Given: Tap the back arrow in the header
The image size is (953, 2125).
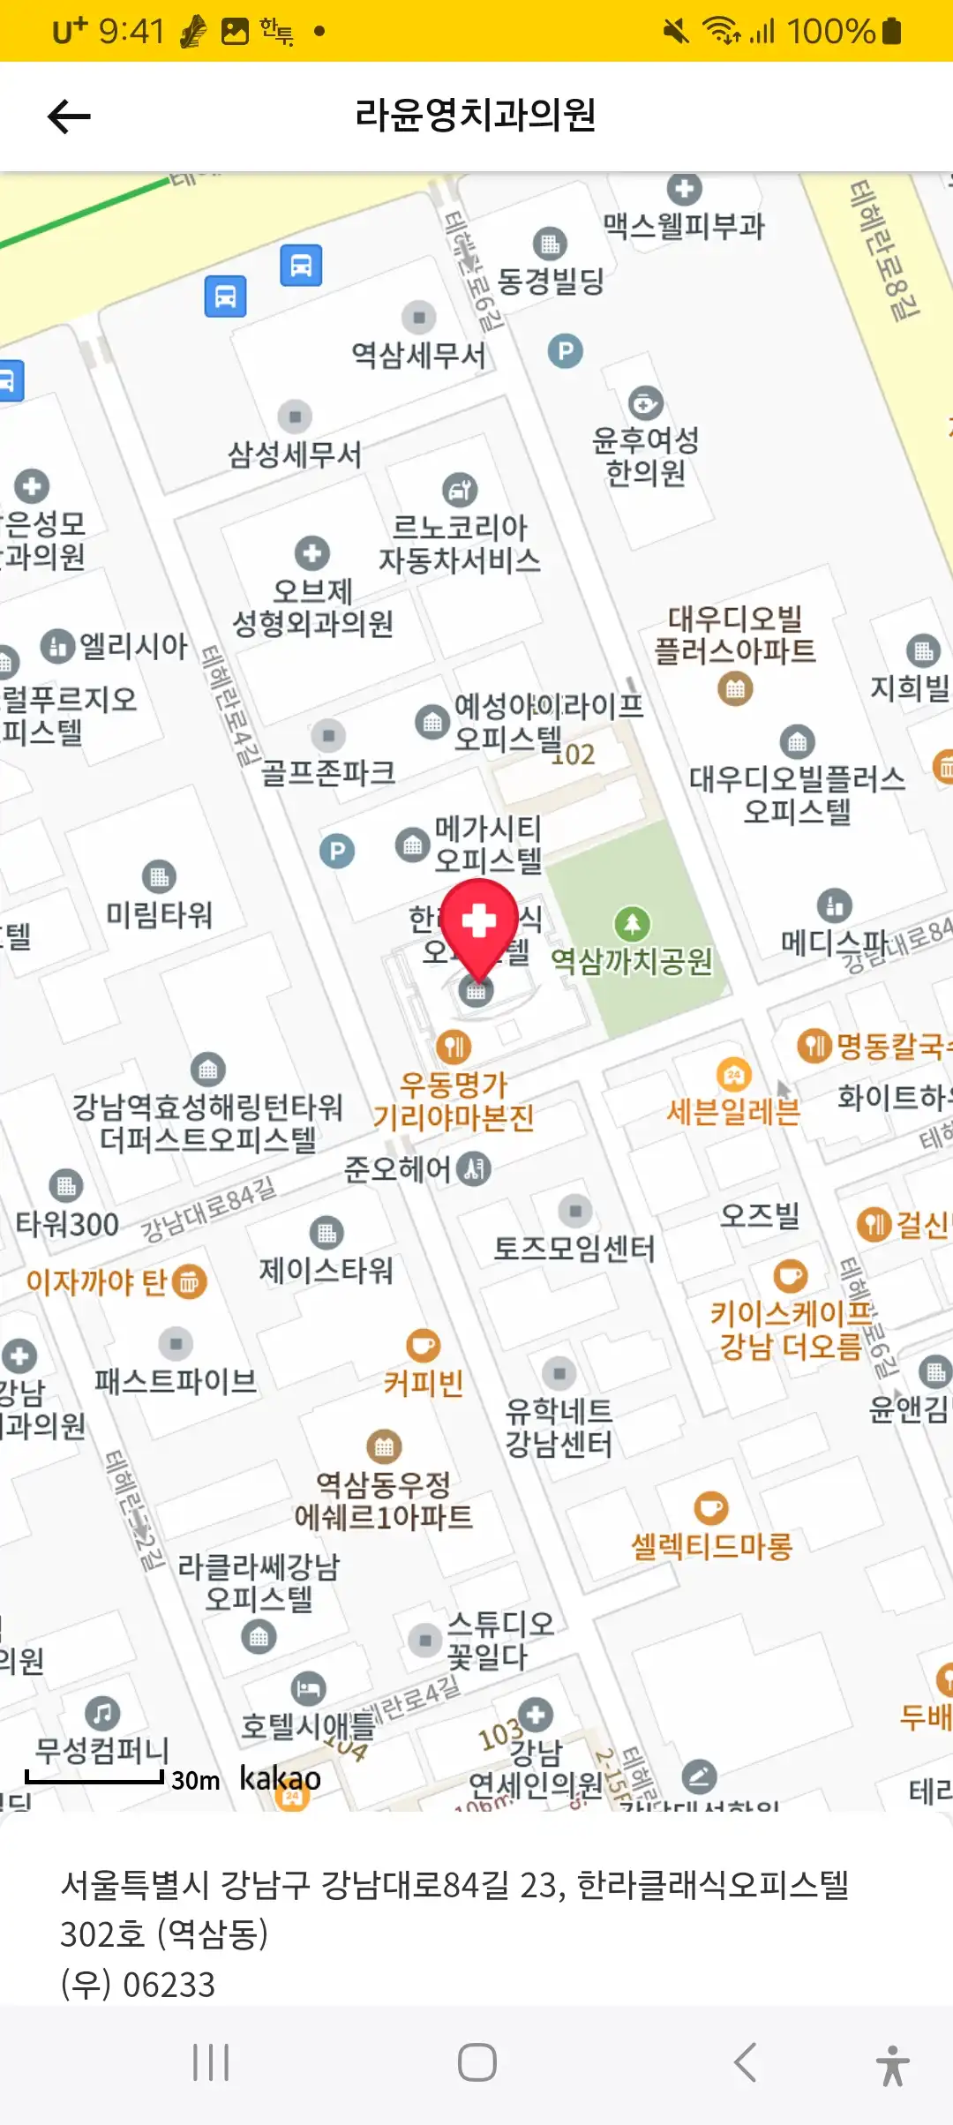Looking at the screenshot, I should point(69,116).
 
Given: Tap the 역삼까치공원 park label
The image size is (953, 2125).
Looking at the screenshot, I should point(632,960).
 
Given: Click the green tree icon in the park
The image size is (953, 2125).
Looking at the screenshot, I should point(632,924).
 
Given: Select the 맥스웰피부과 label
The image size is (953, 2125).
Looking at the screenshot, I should point(684,226).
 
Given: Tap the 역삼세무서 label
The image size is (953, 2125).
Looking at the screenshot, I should point(418,355).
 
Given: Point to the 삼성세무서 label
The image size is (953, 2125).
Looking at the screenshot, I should point(295,454).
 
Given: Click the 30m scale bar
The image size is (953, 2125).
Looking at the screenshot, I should point(94,1777).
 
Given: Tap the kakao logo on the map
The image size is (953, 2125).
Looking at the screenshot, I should point(280,1777).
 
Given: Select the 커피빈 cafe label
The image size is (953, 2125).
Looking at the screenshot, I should point(424,1383).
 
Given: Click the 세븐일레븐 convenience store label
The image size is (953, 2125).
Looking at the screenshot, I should point(733,1111).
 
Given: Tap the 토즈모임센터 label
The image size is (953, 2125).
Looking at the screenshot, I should point(574,1248).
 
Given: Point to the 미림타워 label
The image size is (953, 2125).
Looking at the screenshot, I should point(160,914).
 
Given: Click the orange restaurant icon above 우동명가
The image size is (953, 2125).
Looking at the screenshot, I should point(454,1047).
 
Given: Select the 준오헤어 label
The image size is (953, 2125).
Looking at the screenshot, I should point(398,1169).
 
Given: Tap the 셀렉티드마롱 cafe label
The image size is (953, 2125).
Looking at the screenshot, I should point(712,1545).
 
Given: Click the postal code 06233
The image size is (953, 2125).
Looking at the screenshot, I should point(169,1985).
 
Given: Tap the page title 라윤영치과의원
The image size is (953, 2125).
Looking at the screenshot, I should point(476,115).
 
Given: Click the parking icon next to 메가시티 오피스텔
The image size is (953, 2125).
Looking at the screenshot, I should point(337,852).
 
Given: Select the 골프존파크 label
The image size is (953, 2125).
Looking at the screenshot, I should point(328,773).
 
